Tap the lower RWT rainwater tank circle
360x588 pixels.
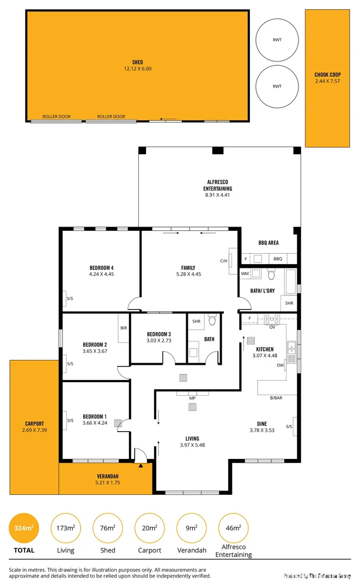click(x=277, y=86)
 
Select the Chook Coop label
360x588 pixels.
click(x=327, y=75)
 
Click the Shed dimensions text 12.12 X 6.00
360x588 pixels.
click(x=137, y=69)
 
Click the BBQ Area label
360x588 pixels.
click(x=269, y=243)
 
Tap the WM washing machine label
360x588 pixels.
click(x=245, y=274)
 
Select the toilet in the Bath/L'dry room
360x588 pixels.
click(x=271, y=274)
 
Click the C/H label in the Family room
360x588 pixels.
click(x=223, y=261)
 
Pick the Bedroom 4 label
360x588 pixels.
click(x=101, y=267)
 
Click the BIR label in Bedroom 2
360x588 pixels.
click(x=124, y=328)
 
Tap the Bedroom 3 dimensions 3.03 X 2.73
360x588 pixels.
click(x=158, y=340)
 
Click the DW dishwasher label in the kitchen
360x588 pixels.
click(x=280, y=366)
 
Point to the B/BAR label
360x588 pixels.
click(x=276, y=399)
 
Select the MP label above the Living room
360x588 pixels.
click(x=192, y=398)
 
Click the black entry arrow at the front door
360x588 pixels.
click(x=141, y=465)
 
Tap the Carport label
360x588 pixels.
click(x=34, y=424)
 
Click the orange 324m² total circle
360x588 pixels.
click(x=23, y=528)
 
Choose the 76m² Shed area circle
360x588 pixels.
click(x=108, y=528)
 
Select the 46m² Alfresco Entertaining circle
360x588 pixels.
click(x=233, y=528)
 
